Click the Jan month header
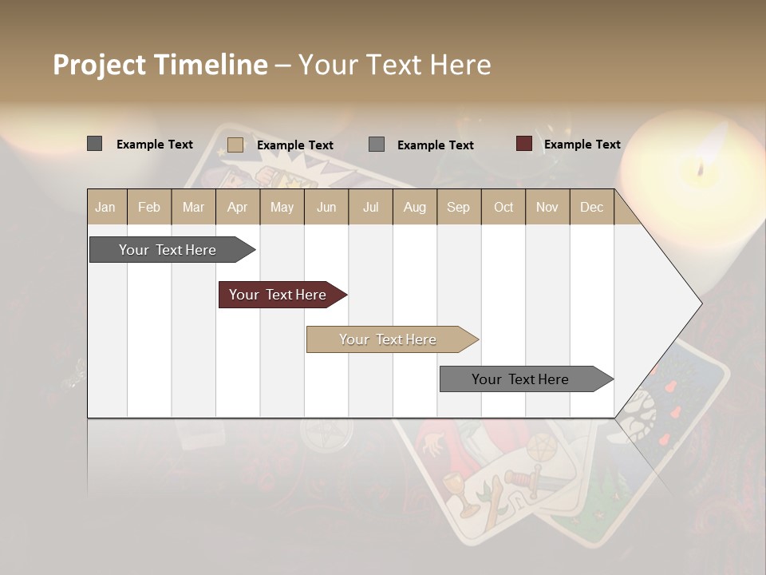105,207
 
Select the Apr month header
238,207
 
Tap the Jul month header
371,207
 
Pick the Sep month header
458,207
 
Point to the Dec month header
591,207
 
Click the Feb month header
149,207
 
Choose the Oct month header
503,207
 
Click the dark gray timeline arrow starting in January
168,250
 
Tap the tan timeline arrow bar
389,339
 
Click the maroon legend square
524,144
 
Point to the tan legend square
235,145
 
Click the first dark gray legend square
95,144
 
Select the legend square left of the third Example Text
377,144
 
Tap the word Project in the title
98,65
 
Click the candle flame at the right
701,169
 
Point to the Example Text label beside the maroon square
582,145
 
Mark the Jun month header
326,207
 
